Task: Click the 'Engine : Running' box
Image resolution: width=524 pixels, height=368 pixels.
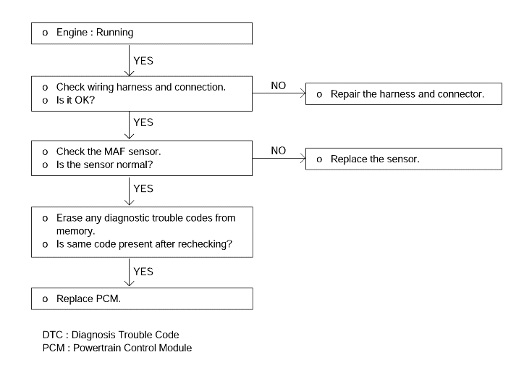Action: click(x=142, y=33)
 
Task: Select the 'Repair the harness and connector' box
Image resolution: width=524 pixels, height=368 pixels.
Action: click(x=404, y=94)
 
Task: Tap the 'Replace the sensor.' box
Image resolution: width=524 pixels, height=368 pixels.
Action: click(x=404, y=159)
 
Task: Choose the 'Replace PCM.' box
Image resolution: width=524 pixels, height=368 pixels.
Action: click(x=142, y=298)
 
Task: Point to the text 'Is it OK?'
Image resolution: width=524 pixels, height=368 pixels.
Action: click(x=75, y=100)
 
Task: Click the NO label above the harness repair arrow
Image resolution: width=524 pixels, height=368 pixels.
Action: click(x=279, y=85)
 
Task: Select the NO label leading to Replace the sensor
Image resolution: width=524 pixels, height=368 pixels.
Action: click(x=279, y=151)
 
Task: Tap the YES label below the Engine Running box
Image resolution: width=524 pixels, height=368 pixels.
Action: click(x=143, y=61)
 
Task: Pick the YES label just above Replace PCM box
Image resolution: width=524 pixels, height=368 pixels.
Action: click(x=143, y=272)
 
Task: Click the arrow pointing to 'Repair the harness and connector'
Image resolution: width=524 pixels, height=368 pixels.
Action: click(x=279, y=93)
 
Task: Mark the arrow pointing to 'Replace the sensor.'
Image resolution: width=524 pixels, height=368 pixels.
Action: click(x=279, y=158)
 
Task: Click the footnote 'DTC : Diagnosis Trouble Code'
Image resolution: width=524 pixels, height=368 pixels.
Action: click(x=111, y=335)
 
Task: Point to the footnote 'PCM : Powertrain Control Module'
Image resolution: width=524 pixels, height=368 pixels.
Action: click(x=117, y=348)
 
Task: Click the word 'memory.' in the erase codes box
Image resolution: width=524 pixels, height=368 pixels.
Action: click(x=75, y=231)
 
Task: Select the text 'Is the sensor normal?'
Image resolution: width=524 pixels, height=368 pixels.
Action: click(x=104, y=164)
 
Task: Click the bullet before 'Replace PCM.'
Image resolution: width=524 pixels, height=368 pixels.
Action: click(x=45, y=299)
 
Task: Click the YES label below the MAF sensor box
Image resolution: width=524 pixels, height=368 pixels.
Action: click(x=143, y=188)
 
